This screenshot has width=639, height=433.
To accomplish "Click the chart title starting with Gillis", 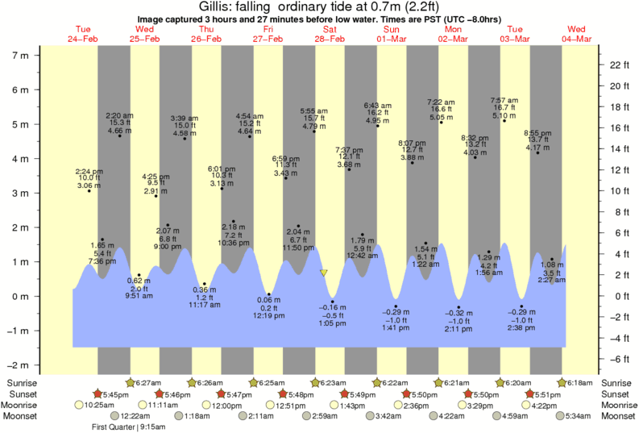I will click(x=319, y=6).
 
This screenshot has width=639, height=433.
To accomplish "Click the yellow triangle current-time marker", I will click(x=324, y=273).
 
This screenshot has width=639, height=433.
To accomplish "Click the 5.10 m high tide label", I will click(x=504, y=116).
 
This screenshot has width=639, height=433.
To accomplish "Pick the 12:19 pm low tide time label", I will click(x=269, y=315).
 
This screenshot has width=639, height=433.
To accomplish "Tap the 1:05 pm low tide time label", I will click(x=333, y=323).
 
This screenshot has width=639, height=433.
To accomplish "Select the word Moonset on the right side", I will click(x=618, y=416).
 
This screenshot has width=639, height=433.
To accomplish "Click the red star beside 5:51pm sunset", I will click(x=529, y=393).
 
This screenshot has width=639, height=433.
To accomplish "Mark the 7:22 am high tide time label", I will click(x=441, y=102).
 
